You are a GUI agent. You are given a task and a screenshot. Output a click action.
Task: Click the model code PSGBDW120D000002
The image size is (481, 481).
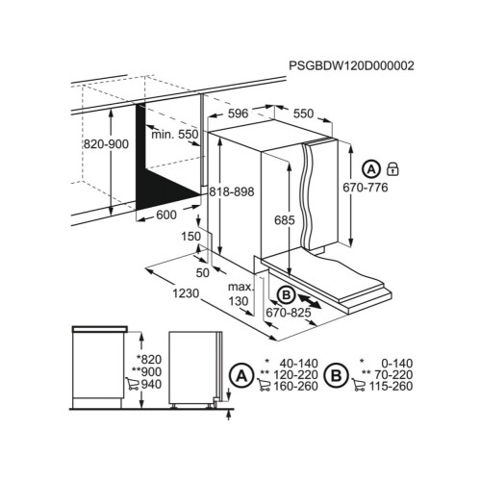[351, 65]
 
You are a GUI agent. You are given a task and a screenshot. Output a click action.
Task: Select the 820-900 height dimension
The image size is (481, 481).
[106, 144]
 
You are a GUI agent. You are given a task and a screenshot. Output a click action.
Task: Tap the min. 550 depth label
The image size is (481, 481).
[175, 134]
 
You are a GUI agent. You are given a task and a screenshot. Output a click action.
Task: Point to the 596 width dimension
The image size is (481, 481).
[238, 114]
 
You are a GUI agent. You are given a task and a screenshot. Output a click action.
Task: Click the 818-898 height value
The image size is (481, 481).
[232, 191]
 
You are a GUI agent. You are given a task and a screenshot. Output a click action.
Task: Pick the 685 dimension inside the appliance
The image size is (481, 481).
[285, 220]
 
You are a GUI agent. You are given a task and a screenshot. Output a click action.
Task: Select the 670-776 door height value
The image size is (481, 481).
[366, 188]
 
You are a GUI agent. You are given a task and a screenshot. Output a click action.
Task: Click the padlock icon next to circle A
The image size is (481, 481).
[392, 168]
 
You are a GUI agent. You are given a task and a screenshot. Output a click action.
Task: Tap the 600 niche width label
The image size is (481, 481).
[166, 215]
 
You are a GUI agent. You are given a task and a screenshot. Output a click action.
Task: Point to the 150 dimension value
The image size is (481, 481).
[191, 237]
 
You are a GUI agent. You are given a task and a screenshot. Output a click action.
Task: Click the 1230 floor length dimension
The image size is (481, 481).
[186, 293]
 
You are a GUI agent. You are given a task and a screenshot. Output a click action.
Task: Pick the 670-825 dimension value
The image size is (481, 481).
[289, 313]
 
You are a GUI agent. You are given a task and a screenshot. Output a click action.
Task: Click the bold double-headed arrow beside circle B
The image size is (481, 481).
[310, 301]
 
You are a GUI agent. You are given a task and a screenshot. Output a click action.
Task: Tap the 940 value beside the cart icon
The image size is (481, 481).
[151, 384]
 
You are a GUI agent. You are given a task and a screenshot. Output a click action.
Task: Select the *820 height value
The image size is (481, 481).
[149, 360]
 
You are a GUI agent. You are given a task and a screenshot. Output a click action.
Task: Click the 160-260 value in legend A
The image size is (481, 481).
[295, 386]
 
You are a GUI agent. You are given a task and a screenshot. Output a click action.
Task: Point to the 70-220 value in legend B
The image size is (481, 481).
[392, 374]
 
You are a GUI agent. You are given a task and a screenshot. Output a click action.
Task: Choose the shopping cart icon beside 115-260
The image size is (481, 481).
[359, 385]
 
